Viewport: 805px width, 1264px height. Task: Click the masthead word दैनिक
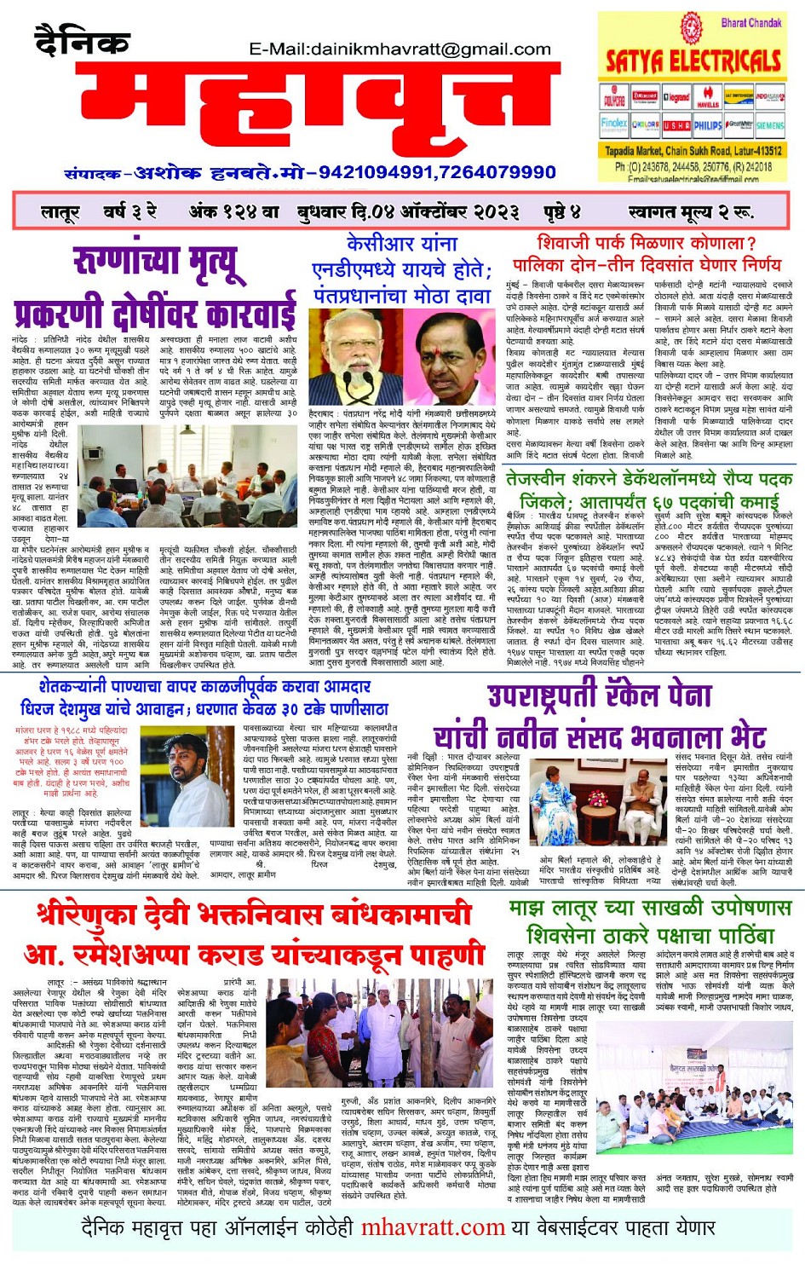[x=82, y=43]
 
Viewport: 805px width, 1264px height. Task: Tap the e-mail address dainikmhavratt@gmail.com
[x=400, y=49]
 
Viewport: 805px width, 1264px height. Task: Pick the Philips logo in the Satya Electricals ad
[x=707, y=124]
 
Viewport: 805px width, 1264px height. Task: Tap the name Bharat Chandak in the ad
[x=750, y=23]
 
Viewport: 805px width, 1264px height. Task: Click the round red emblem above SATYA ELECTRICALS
[x=689, y=27]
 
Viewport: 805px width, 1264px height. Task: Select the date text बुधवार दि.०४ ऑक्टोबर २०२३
[x=408, y=211]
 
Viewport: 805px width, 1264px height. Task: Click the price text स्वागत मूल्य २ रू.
[x=690, y=211]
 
